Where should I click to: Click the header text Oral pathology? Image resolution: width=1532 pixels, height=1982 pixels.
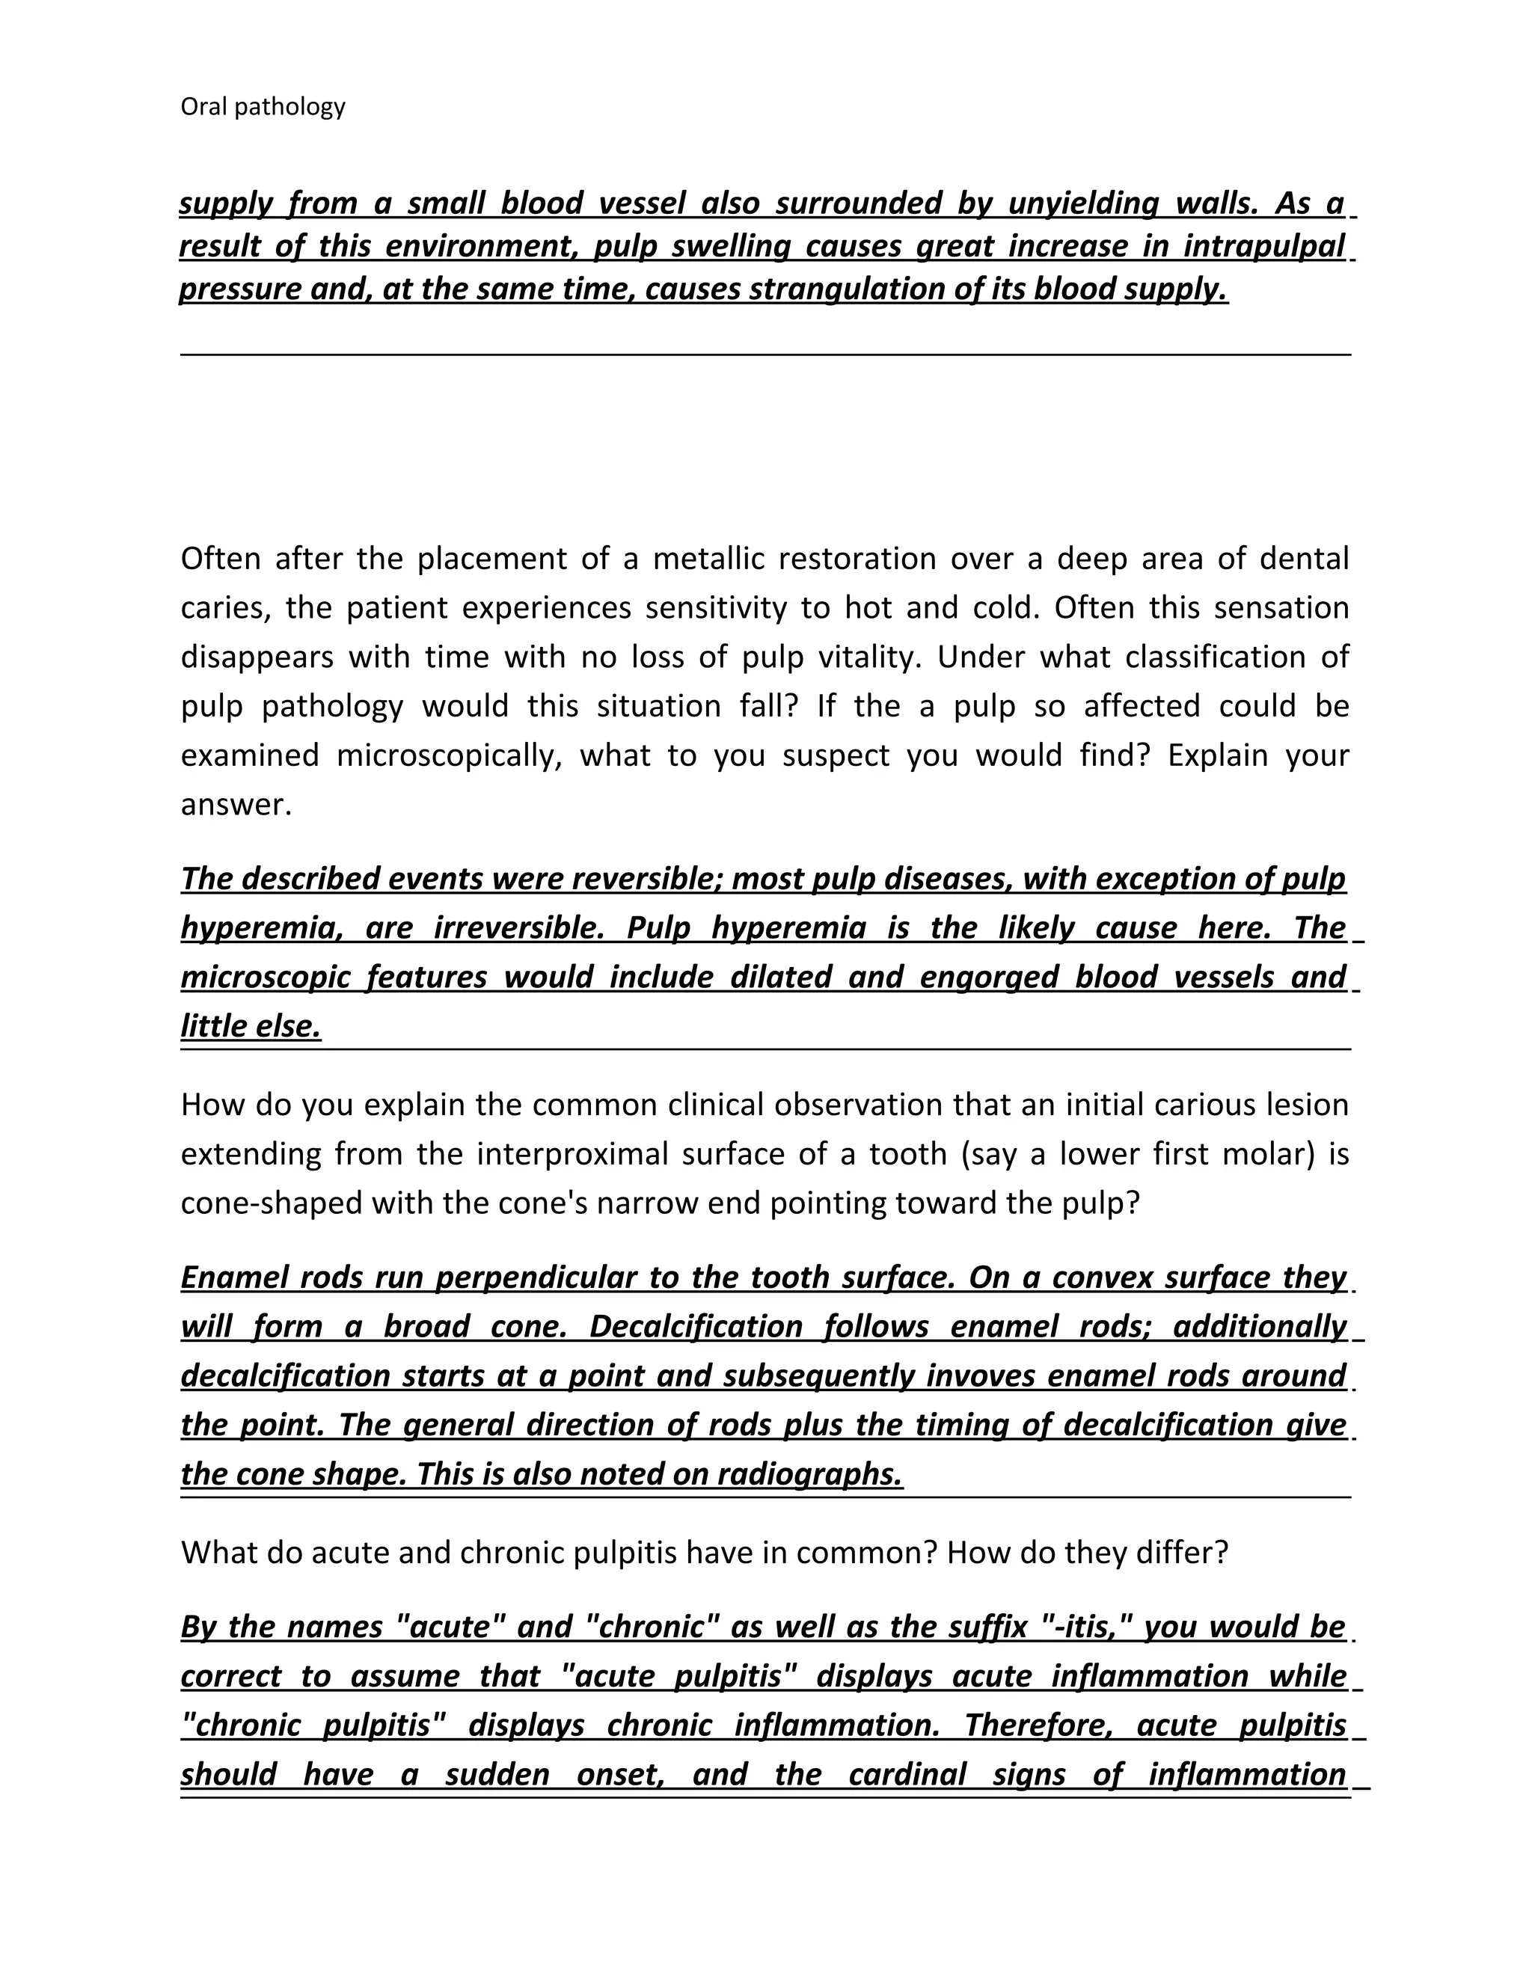coord(263,107)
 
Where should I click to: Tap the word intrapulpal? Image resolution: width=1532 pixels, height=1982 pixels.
coord(1263,246)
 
